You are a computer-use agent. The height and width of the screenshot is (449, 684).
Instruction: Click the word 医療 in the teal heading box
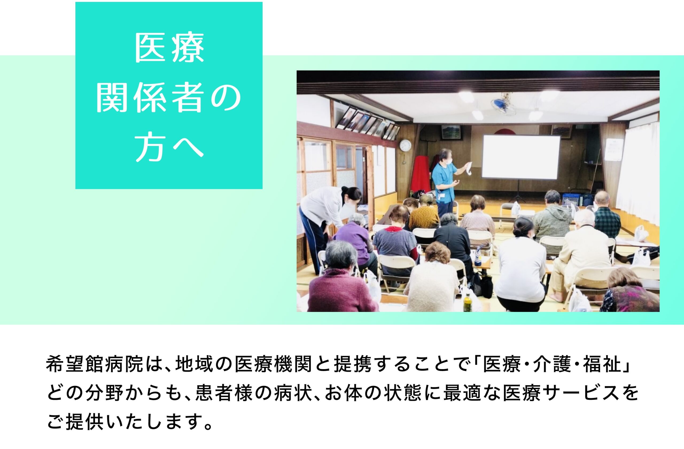[169, 48]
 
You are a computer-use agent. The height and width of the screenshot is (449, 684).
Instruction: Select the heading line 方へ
[169, 148]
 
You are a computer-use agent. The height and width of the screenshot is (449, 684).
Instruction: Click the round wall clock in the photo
[405, 145]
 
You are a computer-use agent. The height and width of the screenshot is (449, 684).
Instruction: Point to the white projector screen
[521, 157]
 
